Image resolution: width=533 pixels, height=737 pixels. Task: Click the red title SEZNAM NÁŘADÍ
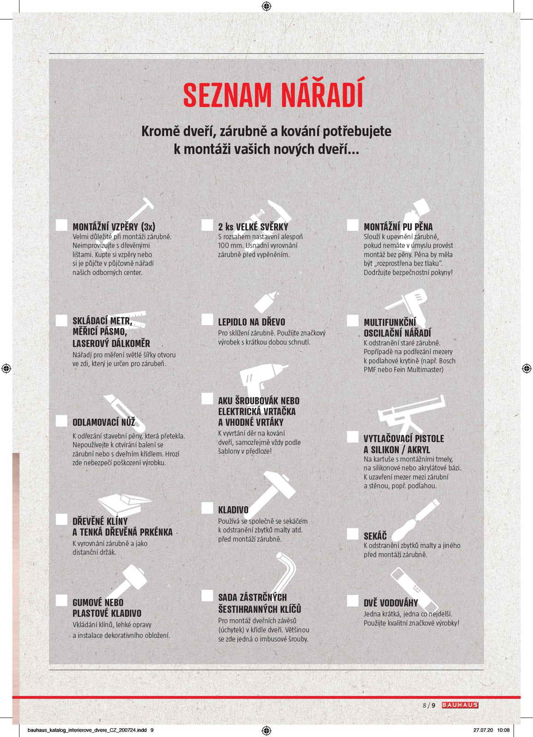point(273,95)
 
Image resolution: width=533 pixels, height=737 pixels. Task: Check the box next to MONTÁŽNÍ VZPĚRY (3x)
point(61,225)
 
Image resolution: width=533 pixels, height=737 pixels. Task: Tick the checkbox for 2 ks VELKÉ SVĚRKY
point(207,225)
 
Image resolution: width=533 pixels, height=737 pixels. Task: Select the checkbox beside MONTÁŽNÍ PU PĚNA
point(353,225)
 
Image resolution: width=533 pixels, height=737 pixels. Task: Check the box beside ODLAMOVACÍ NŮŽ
point(61,421)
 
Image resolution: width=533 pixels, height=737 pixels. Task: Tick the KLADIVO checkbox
point(207,509)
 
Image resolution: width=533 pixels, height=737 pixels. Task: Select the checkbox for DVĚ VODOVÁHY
point(353,601)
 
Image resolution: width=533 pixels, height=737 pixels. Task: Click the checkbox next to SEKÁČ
point(353,534)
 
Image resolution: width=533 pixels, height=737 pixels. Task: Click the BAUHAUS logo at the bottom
point(460,705)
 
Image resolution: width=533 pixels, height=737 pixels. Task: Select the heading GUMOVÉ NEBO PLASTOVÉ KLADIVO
point(107,608)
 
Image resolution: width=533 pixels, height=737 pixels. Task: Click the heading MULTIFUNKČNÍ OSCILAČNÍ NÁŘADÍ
point(397,328)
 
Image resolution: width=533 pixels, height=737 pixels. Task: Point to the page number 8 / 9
point(429,705)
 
